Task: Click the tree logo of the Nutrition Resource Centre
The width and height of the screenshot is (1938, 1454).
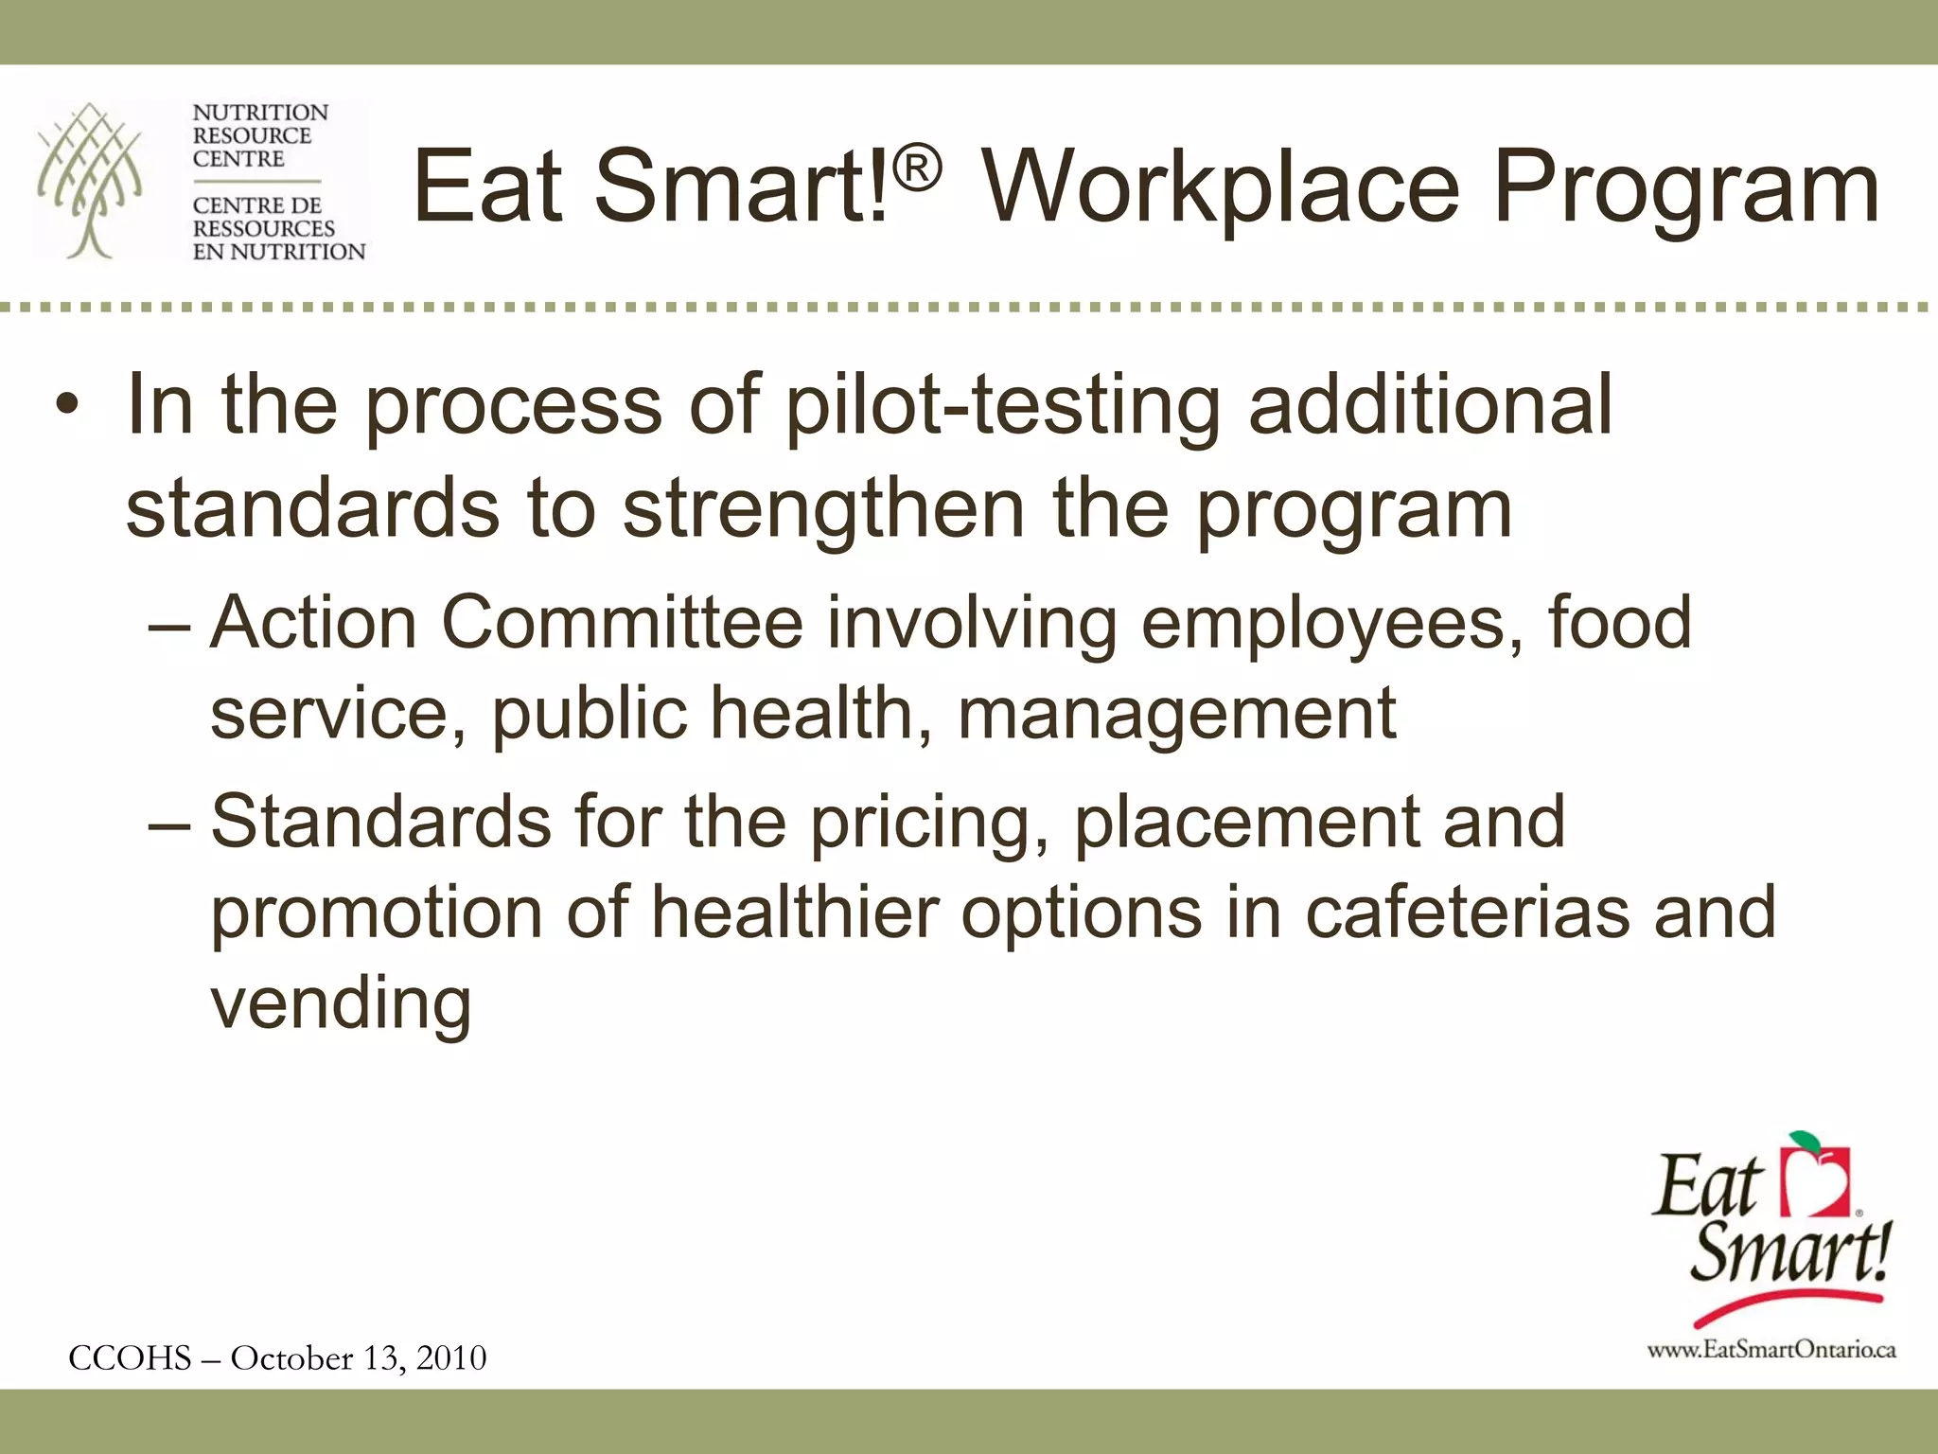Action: (90, 180)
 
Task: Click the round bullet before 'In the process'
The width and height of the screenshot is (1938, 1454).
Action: (66, 408)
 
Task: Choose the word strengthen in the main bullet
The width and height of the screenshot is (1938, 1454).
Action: (823, 509)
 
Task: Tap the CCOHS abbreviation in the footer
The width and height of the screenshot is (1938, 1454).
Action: (130, 1358)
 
